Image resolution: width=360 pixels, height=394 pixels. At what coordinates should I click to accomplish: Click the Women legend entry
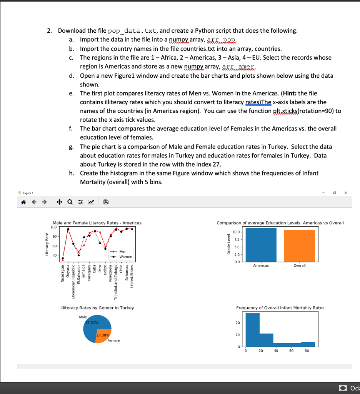point(126,257)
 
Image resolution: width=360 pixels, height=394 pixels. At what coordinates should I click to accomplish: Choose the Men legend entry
point(123,252)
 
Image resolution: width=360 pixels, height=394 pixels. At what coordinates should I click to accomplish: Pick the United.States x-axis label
point(132,278)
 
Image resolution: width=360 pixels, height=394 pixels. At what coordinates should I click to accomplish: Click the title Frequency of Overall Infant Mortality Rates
point(280,308)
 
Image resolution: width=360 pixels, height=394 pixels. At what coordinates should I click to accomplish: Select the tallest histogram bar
point(252,330)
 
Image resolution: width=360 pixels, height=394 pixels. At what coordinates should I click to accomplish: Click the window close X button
point(346,192)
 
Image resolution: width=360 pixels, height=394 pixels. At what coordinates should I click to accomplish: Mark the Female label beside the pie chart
point(113,341)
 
